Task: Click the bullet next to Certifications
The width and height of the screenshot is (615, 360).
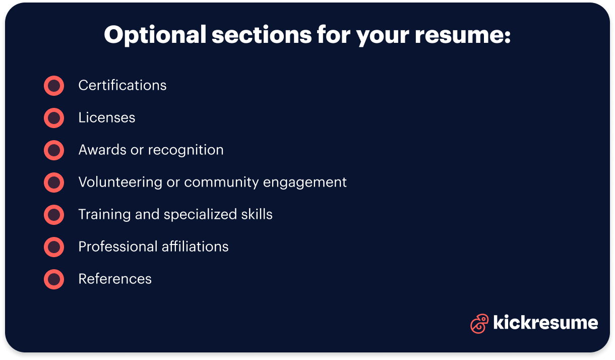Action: pos(54,86)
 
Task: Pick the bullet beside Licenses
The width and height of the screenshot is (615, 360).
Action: pos(54,118)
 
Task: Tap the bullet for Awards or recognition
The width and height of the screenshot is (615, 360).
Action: pos(54,150)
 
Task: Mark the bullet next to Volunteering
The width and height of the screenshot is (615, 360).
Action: pos(54,183)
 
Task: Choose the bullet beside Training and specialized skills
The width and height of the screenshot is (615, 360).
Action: pos(54,215)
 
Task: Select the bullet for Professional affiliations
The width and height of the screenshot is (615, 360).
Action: pos(54,247)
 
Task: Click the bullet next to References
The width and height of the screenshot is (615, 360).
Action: pos(54,279)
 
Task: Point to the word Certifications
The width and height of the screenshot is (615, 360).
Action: pos(122,86)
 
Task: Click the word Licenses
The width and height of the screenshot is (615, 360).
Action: pos(107,118)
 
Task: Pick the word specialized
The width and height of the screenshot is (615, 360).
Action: pos(200,215)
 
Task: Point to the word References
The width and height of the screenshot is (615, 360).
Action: pos(115,279)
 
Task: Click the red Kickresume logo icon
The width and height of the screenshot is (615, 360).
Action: pos(479,323)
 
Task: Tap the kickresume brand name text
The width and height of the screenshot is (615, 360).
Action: pos(545,323)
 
